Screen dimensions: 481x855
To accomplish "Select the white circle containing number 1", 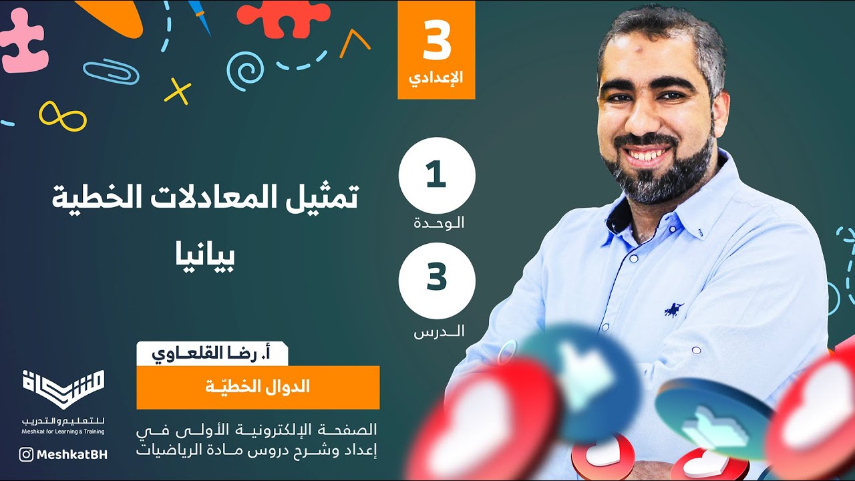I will pos(437,176).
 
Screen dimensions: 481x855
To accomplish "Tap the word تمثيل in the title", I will pos(327,197).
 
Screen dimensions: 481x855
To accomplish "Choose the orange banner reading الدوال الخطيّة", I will pos(258,387).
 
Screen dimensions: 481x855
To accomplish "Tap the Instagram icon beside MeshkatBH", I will pos(26,454).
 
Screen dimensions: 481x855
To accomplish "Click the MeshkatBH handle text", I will pos(72,454).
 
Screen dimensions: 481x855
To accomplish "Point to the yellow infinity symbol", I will pos(63,116).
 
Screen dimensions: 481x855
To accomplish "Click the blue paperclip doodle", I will pos(111,71).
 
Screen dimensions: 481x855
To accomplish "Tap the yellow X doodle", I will pos(178,92).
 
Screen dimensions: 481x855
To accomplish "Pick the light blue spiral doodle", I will pos(244,70).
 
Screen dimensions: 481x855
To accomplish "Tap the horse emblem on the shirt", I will pos(673,309).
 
